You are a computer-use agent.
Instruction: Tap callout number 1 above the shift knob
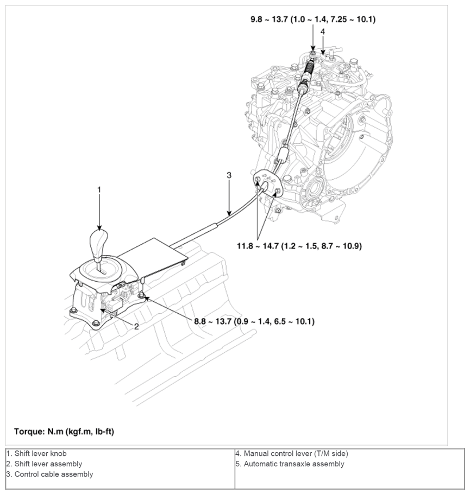pyautogui.click(x=99, y=189)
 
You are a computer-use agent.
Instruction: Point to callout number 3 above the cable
pyautogui.click(x=229, y=175)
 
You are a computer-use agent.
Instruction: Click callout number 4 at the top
pyautogui.click(x=323, y=31)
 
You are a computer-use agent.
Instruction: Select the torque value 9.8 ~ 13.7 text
pyautogui.click(x=312, y=19)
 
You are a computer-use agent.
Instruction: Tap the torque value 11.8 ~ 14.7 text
pyautogui.click(x=299, y=246)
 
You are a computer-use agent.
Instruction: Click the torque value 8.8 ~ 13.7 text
pyautogui.click(x=254, y=321)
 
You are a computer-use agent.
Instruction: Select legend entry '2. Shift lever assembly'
pyautogui.click(x=44, y=464)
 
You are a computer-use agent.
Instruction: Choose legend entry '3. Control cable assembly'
pyautogui.click(x=49, y=474)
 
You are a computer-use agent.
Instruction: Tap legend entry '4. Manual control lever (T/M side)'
pyautogui.click(x=291, y=453)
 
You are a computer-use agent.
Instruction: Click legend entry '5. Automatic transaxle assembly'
pyautogui.click(x=290, y=464)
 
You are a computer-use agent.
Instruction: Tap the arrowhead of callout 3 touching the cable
pyautogui.click(x=229, y=215)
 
